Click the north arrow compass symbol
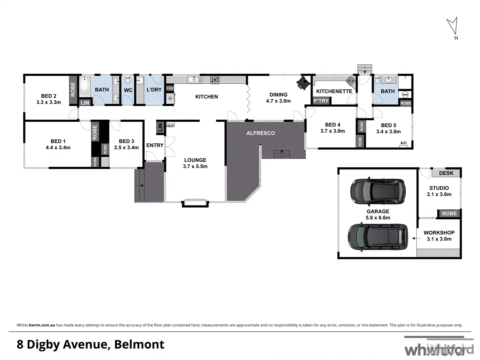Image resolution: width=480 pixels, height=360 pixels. (453, 27)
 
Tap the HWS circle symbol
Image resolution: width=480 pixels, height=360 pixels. (405, 94)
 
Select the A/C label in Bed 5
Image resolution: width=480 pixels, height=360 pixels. (403, 143)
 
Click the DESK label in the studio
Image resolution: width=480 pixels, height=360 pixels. (446, 173)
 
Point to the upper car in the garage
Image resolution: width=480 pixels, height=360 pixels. (378, 191)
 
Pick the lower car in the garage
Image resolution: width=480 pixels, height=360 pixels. (378, 237)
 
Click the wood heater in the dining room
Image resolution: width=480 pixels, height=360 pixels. (303, 83)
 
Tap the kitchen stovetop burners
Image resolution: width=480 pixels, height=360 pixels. (214, 80)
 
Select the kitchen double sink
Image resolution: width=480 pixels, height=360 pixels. (195, 79)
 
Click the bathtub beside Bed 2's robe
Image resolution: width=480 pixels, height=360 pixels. (84, 87)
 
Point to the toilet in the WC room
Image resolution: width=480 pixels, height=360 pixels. (127, 80)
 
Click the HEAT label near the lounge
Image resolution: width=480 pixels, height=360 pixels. (170, 126)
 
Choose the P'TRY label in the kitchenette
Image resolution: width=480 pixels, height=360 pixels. (321, 101)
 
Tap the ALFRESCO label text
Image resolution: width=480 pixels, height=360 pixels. (261, 133)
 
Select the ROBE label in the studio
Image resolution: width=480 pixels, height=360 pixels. (449, 213)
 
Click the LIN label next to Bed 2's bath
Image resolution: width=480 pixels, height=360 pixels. (85, 103)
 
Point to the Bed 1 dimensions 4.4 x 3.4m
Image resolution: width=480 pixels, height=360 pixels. (58, 147)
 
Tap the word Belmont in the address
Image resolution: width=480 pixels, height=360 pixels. (139, 344)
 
